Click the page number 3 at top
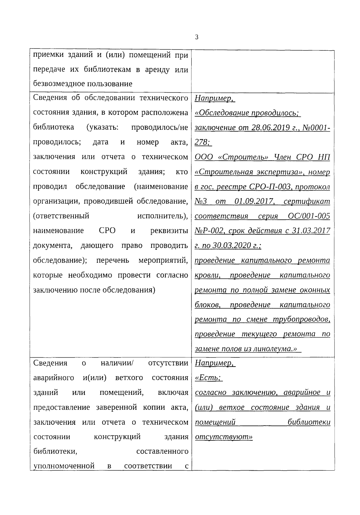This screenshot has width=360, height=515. (196, 37)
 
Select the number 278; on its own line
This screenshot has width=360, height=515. (203, 142)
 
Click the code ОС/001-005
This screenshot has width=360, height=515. (309, 216)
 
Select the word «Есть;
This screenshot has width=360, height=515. (208, 378)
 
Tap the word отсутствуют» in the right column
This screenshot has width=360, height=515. (224, 437)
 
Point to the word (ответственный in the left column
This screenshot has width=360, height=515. (61, 216)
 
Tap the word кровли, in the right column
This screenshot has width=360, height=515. (208, 275)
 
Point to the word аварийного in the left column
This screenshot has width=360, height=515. (54, 378)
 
